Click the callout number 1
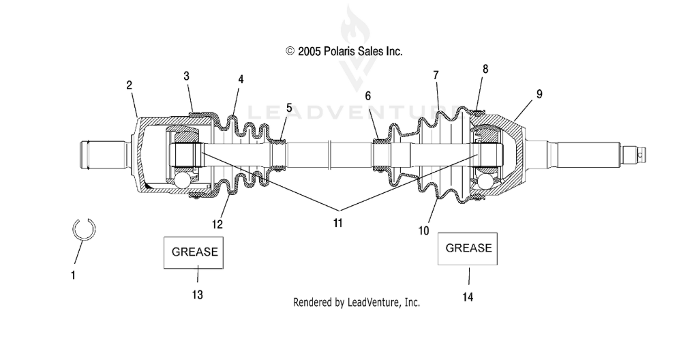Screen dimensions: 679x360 pyautogui.click(x=73, y=275)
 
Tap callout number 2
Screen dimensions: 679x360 pyautogui.click(x=129, y=85)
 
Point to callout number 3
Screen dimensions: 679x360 pyautogui.click(x=186, y=76)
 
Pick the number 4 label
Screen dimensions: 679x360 pyautogui.click(x=241, y=79)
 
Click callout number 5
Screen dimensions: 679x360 pyautogui.click(x=289, y=108)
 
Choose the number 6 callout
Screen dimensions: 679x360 pyautogui.click(x=367, y=96)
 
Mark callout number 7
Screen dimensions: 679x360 pyautogui.click(x=436, y=76)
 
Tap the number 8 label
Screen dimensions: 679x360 pyautogui.click(x=485, y=70)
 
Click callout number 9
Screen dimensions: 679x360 pyautogui.click(x=539, y=94)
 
